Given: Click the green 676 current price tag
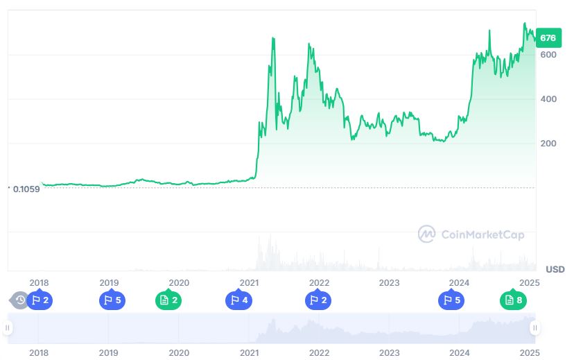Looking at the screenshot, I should (x=548, y=37).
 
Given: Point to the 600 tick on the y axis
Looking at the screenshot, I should (x=548, y=55).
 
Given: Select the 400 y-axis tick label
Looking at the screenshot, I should (x=548, y=99).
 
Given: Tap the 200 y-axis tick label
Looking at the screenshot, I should (x=548, y=144).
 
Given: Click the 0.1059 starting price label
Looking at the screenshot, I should (x=26, y=189).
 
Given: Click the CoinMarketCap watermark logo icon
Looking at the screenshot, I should (x=426, y=234).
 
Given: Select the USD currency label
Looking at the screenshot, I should (x=555, y=269).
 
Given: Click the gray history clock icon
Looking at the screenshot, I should (x=19, y=300).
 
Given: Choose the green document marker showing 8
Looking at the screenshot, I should (x=514, y=300).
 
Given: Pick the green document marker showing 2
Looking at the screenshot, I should (x=168, y=300).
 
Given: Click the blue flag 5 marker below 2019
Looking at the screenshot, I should (x=111, y=300).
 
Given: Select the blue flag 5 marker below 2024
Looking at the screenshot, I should (x=451, y=300).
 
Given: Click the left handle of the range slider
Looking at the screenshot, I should (x=8, y=328).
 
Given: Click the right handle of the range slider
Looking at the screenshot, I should (x=534, y=328).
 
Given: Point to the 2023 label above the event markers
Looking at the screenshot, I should (x=389, y=282).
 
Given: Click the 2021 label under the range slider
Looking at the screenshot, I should (x=249, y=352).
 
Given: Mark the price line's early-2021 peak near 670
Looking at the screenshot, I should (x=273, y=38).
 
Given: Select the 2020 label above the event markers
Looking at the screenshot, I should (x=179, y=282).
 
